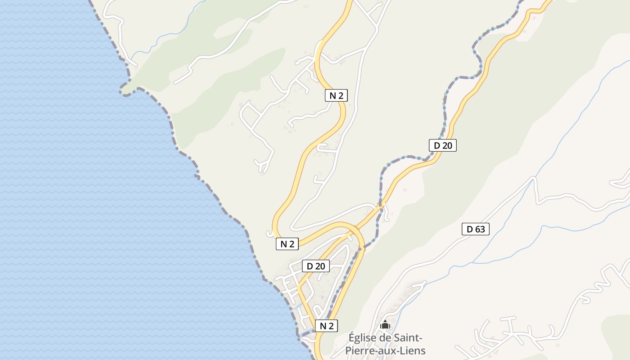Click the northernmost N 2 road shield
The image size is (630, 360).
(336, 95)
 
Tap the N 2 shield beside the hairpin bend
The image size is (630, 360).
(287, 244)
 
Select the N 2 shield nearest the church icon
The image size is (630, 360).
(326, 326)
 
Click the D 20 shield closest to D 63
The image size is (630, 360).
(443, 145)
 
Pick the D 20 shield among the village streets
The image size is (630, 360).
(315, 266)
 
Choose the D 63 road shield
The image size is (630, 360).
(476, 229)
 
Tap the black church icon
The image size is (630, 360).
(385, 324)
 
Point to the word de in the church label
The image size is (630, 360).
(386, 337)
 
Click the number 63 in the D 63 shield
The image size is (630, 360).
(480, 229)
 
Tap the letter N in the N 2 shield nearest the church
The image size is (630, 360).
(322, 326)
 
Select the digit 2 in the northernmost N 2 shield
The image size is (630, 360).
(341, 95)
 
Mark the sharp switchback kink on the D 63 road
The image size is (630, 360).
(534, 179)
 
